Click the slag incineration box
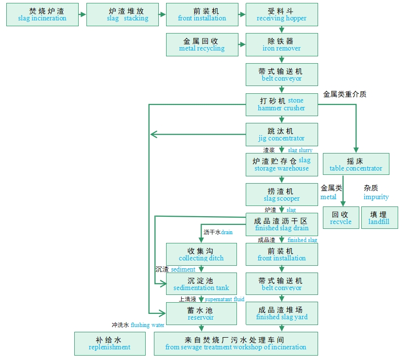(42, 15)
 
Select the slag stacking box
(122, 15)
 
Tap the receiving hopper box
(282, 15)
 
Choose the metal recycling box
(202, 44)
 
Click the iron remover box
(282, 44)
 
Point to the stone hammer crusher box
(282, 104)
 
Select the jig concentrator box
(282, 134)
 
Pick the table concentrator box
(356, 164)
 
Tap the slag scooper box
(282, 194)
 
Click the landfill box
(379, 218)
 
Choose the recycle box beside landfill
(341, 218)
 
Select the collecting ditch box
(202, 254)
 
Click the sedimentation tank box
(202, 284)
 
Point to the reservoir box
(202, 313)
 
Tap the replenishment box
(110, 343)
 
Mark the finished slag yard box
(282, 313)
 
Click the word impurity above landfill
(376, 197)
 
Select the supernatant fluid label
(224, 299)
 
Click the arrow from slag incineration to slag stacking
(82, 15)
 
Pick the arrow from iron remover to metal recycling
(241, 44)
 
